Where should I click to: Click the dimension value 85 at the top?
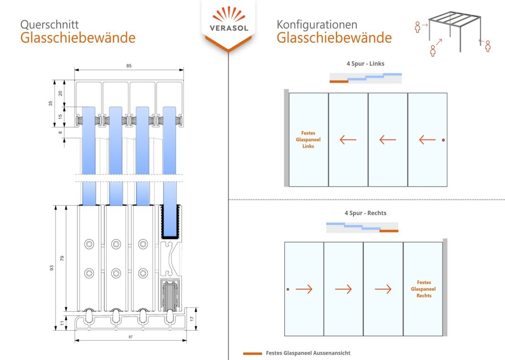(x=129, y=66)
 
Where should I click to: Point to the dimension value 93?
(x=52, y=268)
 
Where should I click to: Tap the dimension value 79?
(x=62, y=258)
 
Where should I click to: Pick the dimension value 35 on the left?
(x=51, y=103)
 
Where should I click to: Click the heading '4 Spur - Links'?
(x=365, y=63)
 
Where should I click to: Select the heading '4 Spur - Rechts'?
(x=365, y=213)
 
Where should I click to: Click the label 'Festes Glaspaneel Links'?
(x=308, y=140)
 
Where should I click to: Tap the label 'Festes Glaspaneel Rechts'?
(x=424, y=289)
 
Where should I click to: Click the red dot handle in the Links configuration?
(x=443, y=140)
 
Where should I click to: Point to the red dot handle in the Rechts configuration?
(x=288, y=289)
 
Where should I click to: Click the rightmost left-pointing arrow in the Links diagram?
(x=427, y=140)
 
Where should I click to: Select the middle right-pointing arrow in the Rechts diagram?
(x=343, y=289)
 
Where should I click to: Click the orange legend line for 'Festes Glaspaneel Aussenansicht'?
(x=252, y=353)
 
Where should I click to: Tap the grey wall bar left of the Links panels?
(x=286, y=138)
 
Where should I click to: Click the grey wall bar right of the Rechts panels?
(x=445, y=288)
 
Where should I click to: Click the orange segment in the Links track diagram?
(x=339, y=82)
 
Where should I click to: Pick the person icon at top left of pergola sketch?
(x=417, y=27)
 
